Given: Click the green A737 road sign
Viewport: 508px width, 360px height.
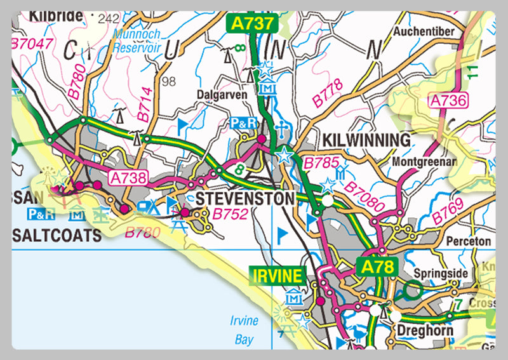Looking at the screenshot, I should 252,24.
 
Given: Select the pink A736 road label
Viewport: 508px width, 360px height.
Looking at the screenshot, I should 448,100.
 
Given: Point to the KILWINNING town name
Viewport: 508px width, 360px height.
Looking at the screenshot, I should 366,140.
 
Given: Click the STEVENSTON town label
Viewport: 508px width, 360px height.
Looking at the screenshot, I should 245,199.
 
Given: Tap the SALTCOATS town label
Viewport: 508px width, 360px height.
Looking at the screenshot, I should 57,236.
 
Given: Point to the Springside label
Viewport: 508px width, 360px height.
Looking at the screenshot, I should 440,274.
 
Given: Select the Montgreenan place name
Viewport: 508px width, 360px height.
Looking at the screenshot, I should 425,162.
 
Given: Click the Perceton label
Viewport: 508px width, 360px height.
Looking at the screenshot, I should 469,241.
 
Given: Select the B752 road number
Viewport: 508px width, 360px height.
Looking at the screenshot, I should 230,215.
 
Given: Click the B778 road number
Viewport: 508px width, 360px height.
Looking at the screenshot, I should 327,94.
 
